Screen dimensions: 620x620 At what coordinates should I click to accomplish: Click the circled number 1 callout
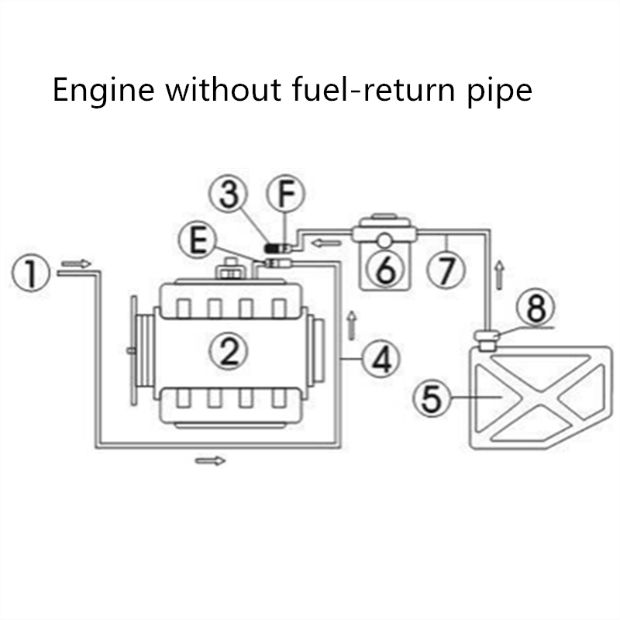pyautogui.click(x=30, y=274)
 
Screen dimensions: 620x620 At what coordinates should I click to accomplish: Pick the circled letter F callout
pyautogui.click(x=286, y=195)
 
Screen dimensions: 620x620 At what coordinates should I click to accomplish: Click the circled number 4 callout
pyautogui.click(x=381, y=359)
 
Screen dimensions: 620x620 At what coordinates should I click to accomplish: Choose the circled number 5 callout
pyautogui.click(x=431, y=399)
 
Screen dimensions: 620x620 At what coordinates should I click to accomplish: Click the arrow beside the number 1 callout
pyautogui.click(x=76, y=263)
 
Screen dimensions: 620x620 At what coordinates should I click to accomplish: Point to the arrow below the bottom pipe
pyautogui.click(x=209, y=461)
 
